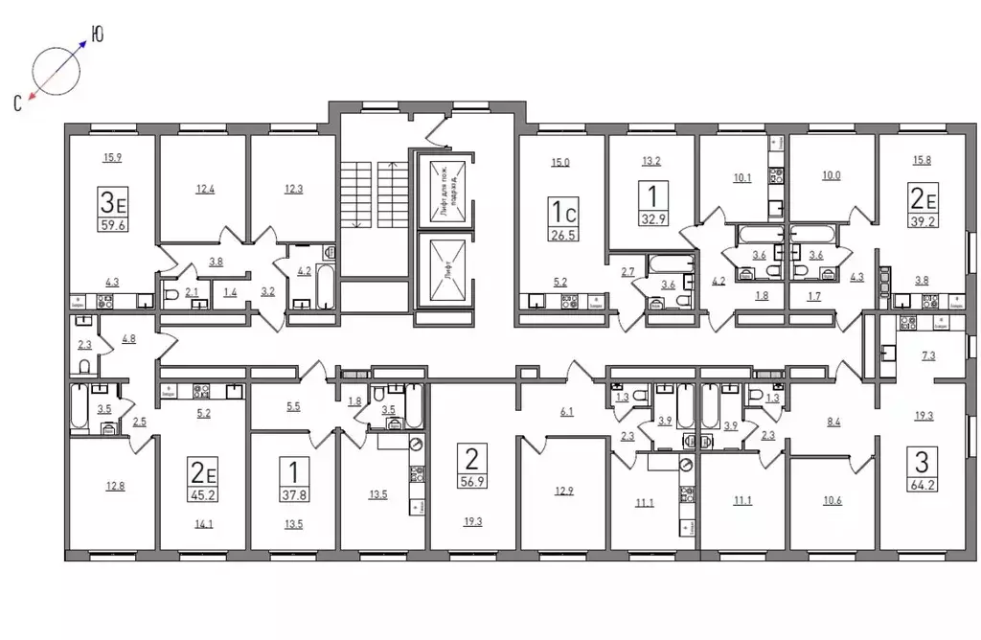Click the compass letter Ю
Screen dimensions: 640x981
(97, 35)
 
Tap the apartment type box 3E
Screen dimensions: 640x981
(113, 202)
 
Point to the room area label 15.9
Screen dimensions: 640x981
(113, 158)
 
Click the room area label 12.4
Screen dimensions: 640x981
(205, 189)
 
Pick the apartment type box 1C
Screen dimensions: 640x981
(559, 208)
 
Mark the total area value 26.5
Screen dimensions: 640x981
(559, 234)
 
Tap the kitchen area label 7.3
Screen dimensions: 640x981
(927, 355)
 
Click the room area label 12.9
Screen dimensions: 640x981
(562, 491)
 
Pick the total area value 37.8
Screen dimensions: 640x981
(293, 495)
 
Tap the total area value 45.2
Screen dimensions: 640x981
(203, 495)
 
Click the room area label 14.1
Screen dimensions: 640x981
(205, 523)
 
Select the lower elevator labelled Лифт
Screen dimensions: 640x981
(444, 272)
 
